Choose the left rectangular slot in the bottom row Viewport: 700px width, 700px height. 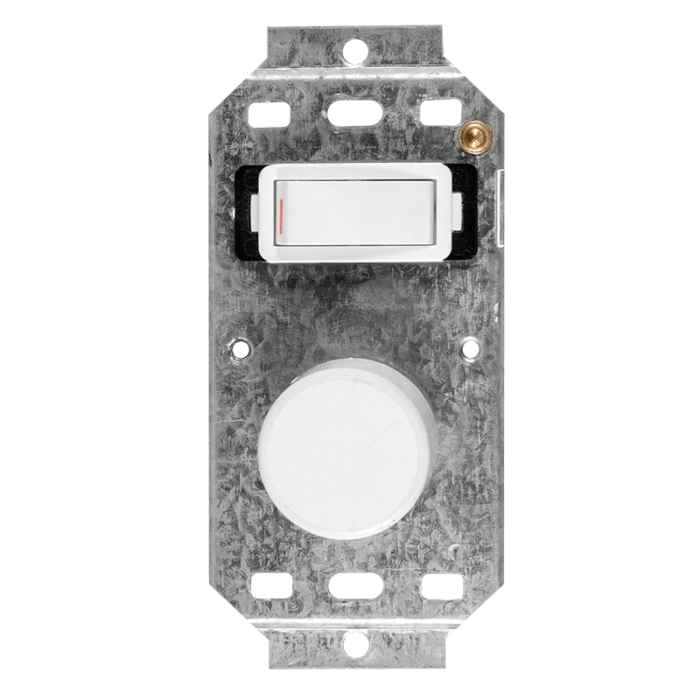[266, 587]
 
